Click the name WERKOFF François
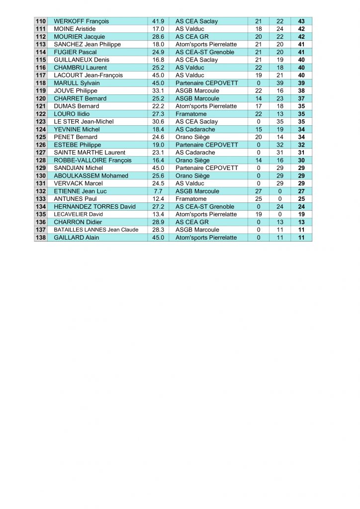[x=81, y=21]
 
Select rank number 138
[x=41, y=238]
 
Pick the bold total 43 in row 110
[x=301, y=21]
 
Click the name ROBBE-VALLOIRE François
[x=92, y=161]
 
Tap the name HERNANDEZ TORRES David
[x=94, y=207]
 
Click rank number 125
[x=41, y=137]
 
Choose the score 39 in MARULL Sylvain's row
[x=279, y=83]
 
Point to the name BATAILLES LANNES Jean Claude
[x=96, y=230]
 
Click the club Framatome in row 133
[x=190, y=199]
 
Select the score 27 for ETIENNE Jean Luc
[x=258, y=191]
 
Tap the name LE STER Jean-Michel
[x=84, y=122]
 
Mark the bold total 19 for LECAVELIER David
[x=301, y=214]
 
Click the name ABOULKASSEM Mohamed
[x=91, y=176]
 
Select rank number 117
[x=41, y=76]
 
